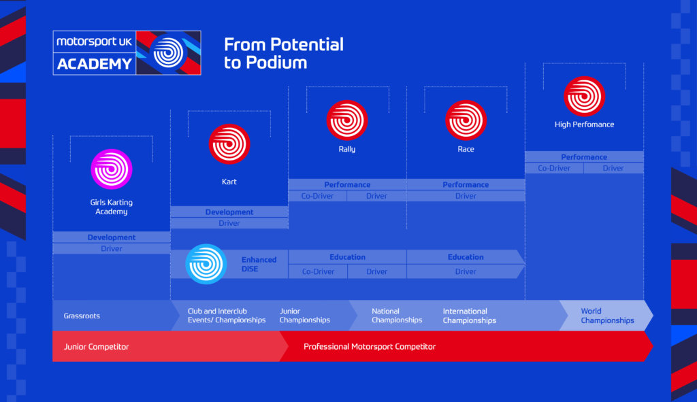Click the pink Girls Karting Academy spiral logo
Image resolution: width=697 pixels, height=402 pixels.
111,169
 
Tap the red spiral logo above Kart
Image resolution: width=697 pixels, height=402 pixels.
229,144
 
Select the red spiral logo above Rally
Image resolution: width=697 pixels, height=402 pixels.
347,120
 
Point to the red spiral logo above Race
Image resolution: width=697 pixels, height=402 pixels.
466,120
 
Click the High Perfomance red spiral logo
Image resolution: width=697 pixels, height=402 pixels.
584,96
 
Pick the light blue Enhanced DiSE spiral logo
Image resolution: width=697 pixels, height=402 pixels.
206,264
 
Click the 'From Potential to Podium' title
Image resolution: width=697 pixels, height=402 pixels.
283,53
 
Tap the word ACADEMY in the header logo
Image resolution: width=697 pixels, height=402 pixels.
95,64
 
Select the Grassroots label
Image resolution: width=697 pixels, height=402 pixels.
82,316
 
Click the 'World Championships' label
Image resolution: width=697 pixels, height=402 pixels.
607,316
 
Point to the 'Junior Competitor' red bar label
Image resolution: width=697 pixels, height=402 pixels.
96,346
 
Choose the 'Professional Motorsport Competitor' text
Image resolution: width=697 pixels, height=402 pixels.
370,346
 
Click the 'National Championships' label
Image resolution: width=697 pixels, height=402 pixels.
397,316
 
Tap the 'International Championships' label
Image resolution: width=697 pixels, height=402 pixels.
469,316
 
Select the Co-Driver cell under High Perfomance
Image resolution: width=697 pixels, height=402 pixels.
554,168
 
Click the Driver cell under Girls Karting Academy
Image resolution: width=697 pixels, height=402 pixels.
112,249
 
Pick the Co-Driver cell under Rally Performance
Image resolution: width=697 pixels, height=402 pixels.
318,196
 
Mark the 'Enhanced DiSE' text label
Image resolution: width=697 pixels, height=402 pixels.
259,264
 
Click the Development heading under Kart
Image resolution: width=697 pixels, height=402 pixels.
229,212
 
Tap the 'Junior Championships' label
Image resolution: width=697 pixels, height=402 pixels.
304,316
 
